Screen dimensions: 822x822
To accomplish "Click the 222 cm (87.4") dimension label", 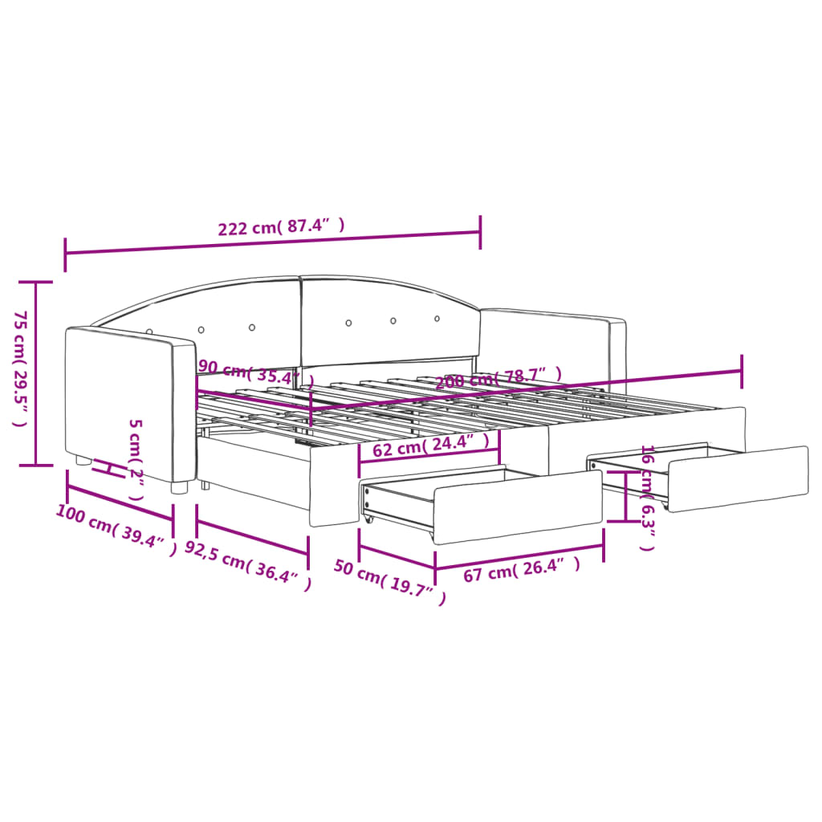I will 282,226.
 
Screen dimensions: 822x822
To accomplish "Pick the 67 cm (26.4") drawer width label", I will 521,571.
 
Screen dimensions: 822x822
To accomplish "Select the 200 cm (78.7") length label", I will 498,378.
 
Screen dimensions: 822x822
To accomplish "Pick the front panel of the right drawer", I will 738,478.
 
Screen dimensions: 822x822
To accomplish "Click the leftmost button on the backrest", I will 149,331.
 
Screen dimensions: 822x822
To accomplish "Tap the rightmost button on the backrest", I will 437,318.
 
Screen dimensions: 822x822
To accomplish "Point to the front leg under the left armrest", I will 180,486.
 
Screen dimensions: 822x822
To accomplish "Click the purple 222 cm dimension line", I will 273,242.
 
